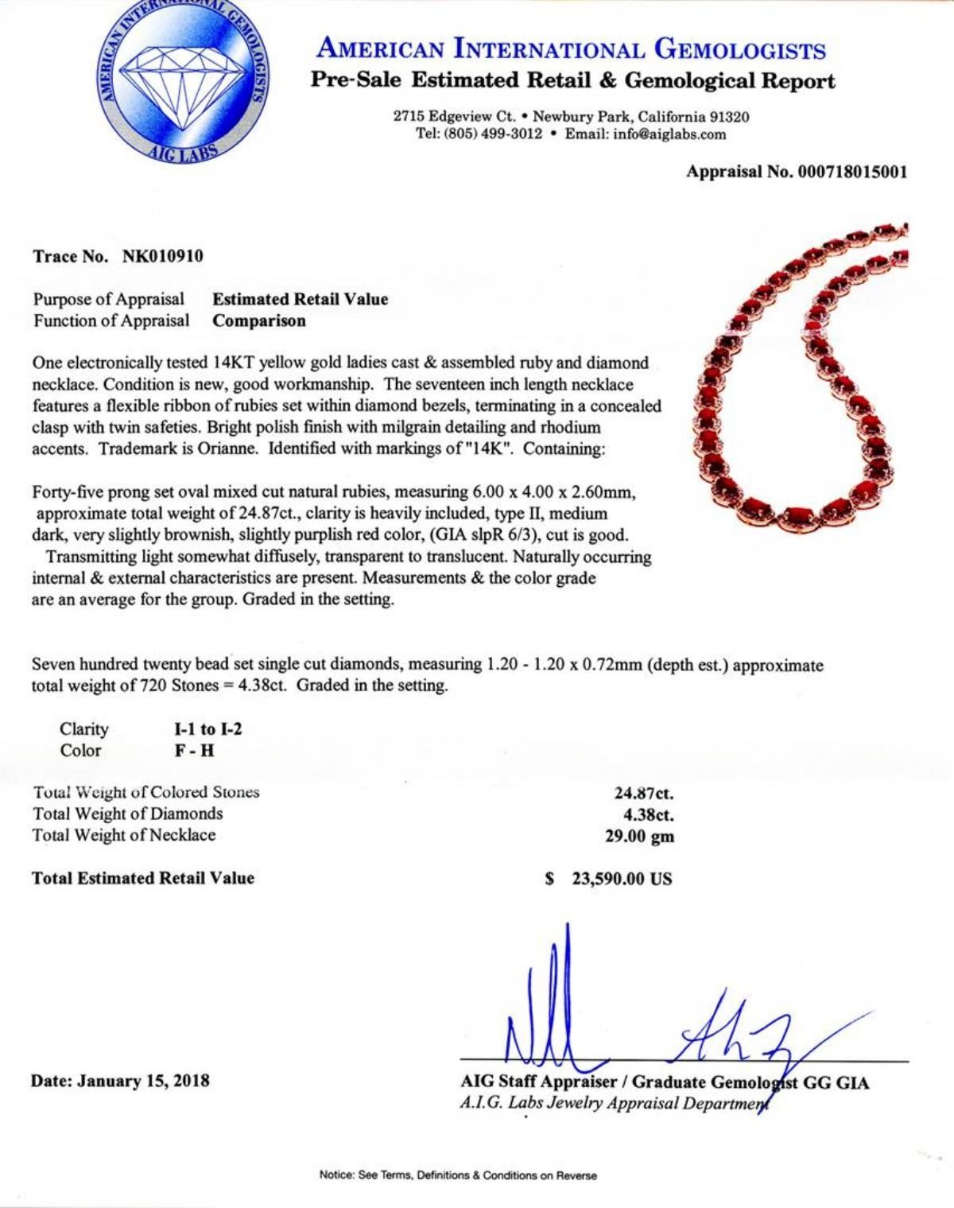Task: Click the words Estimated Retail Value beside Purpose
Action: coord(301,299)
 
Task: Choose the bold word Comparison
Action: coord(259,321)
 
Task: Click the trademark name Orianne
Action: coord(223,449)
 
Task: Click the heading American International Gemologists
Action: coord(571,49)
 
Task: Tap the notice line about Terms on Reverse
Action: coord(457,1175)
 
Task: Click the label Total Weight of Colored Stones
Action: coord(146,792)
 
